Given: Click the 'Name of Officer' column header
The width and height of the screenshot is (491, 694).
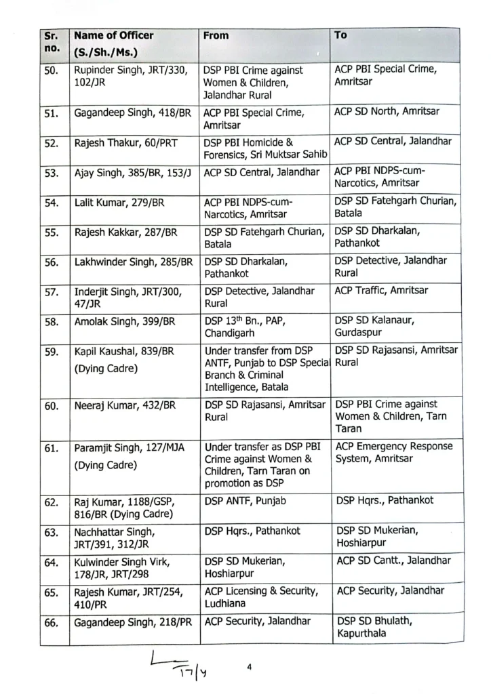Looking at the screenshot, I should click(113, 35).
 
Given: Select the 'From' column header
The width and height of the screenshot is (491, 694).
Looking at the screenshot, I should click(216, 35).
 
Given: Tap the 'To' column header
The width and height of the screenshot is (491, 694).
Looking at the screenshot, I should click(340, 35).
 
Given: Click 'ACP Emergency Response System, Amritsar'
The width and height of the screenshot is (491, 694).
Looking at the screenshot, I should click(395, 452).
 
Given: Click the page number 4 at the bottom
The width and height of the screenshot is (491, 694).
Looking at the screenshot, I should click(250, 667).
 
